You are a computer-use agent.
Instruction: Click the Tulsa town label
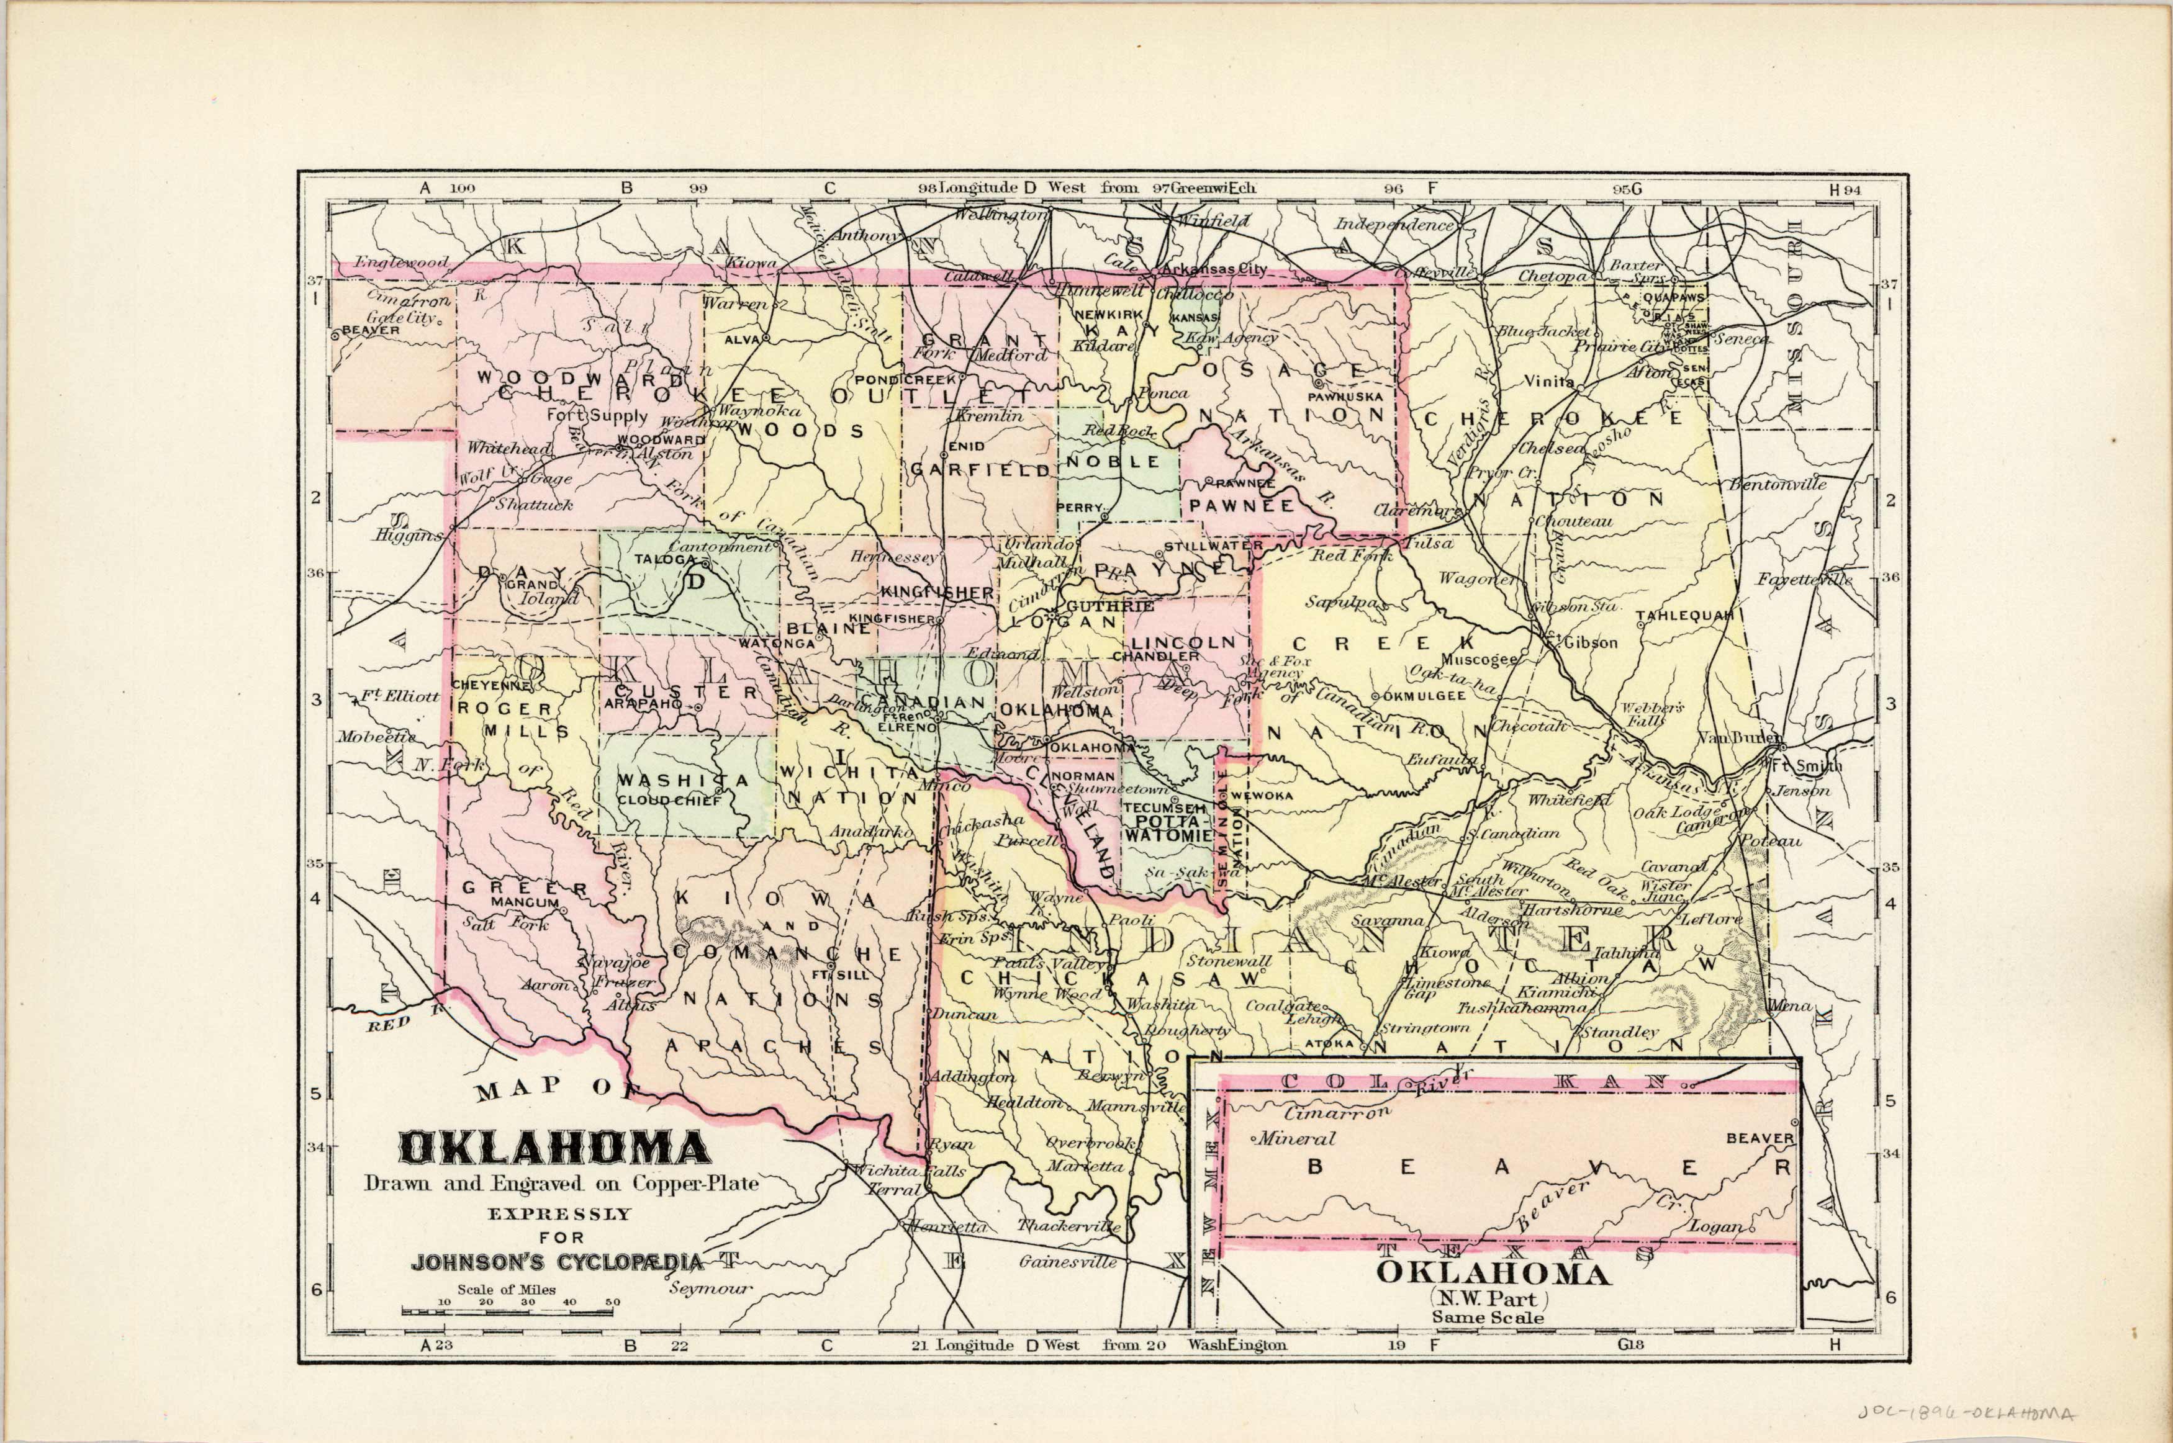click(1429, 543)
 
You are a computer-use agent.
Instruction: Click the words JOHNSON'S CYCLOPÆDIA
click(557, 1262)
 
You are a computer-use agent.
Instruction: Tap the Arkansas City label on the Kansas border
click(1214, 269)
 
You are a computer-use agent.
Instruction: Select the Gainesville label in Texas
click(1068, 1262)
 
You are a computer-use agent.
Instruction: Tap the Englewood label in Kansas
click(401, 263)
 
